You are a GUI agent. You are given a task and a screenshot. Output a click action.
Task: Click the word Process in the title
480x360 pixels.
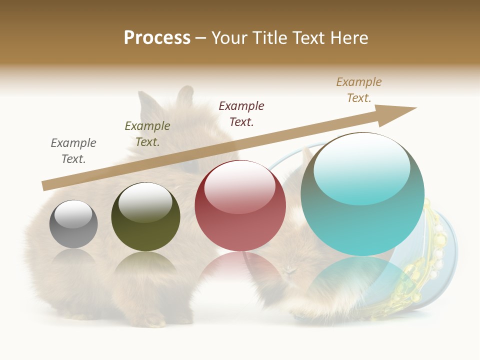(x=157, y=38)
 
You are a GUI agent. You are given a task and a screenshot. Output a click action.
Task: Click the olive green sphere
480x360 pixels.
(x=145, y=217)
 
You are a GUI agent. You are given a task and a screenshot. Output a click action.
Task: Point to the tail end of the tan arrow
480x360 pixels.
(x=46, y=185)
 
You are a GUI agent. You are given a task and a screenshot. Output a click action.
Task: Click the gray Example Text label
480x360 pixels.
(x=73, y=151)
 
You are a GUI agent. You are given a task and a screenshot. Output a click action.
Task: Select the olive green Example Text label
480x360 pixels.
(x=147, y=134)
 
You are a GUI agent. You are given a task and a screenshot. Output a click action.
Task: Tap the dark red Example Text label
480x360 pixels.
(x=241, y=114)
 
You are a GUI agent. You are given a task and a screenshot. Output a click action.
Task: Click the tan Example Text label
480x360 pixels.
(x=359, y=90)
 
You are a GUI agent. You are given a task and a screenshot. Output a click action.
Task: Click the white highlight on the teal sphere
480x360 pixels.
(x=362, y=167)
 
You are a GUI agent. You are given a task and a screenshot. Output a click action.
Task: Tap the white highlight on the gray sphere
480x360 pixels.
(x=73, y=214)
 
